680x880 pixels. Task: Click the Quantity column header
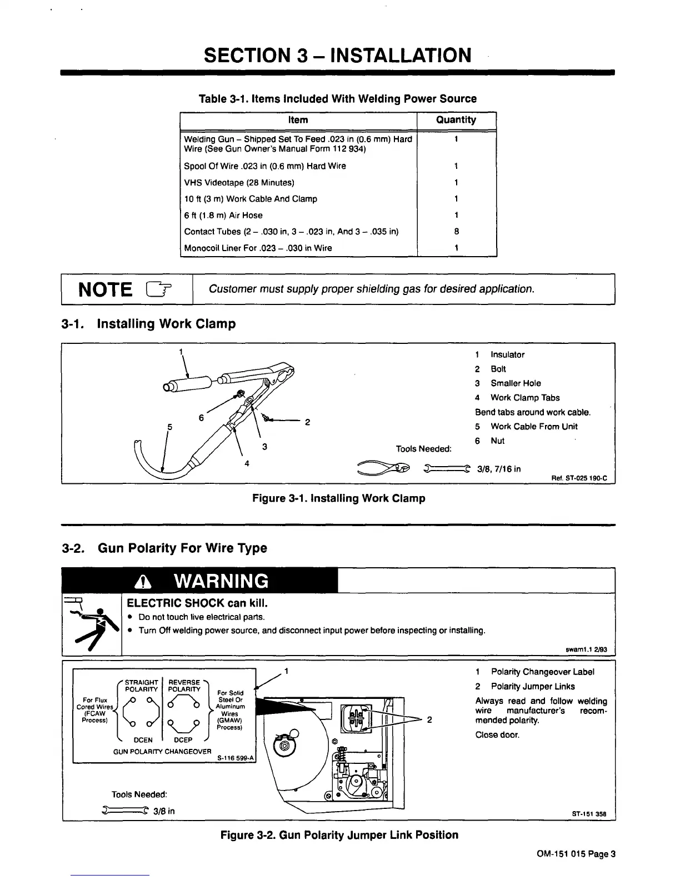pyautogui.click(x=456, y=120)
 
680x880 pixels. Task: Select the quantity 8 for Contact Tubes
pyautogui.click(x=456, y=232)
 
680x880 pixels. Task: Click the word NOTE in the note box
pyautogui.click(x=106, y=289)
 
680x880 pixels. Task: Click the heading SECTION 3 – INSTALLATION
pyautogui.click(x=338, y=55)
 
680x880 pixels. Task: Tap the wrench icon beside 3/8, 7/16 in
pyautogui.click(x=447, y=468)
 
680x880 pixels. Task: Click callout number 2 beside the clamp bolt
pyautogui.click(x=307, y=422)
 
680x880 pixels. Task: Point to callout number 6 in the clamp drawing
pyautogui.click(x=202, y=417)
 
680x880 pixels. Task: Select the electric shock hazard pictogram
pyautogui.click(x=92, y=623)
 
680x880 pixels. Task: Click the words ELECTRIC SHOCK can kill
pyautogui.click(x=198, y=603)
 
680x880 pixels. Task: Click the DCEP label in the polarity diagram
pyautogui.click(x=183, y=740)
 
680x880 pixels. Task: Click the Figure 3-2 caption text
pyautogui.click(x=339, y=835)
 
